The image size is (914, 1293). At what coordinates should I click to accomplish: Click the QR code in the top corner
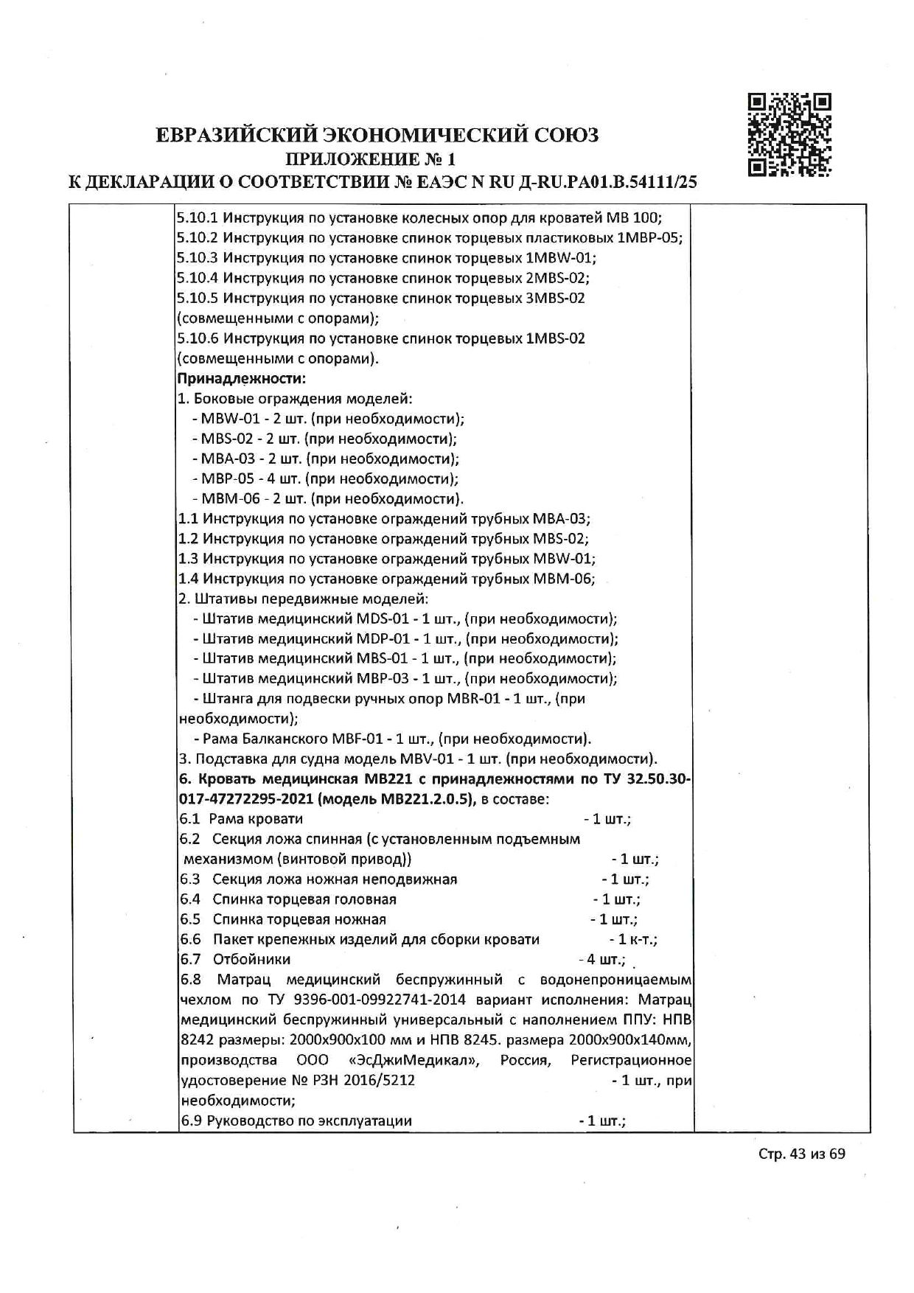pyautogui.click(x=789, y=135)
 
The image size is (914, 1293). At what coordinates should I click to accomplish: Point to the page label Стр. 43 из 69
pyautogui.click(x=802, y=1154)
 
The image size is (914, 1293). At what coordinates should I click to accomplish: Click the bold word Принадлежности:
pyautogui.click(x=242, y=379)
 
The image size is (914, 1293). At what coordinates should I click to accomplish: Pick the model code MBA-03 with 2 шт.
pyautogui.click(x=225, y=459)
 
